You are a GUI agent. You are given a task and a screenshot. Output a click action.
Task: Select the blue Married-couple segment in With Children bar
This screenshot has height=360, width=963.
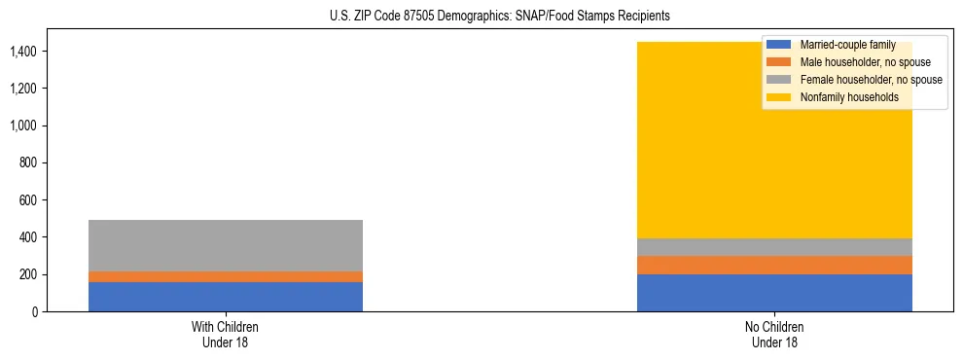click(x=226, y=297)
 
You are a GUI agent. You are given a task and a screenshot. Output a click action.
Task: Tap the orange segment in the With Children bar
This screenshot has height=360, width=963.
click(x=226, y=276)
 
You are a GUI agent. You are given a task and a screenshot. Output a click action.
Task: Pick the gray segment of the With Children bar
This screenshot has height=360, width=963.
click(x=226, y=245)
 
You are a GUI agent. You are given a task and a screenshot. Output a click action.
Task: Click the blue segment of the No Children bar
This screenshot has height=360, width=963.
click(x=774, y=293)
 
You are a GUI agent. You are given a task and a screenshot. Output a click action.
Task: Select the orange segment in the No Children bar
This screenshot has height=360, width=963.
click(x=774, y=265)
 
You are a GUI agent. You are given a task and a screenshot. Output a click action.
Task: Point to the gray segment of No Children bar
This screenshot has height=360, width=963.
click(x=774, y=247)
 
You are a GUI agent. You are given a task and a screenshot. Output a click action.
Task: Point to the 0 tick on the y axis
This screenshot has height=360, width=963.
click(x=34, y=311)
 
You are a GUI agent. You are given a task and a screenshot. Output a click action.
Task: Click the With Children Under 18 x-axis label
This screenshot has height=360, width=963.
click(x=226, y=334)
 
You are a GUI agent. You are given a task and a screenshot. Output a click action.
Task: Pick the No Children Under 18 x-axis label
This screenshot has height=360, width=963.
click(x=774, y=334)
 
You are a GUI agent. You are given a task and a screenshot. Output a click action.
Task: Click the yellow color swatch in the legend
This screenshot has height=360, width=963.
click(x=779, y=97)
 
